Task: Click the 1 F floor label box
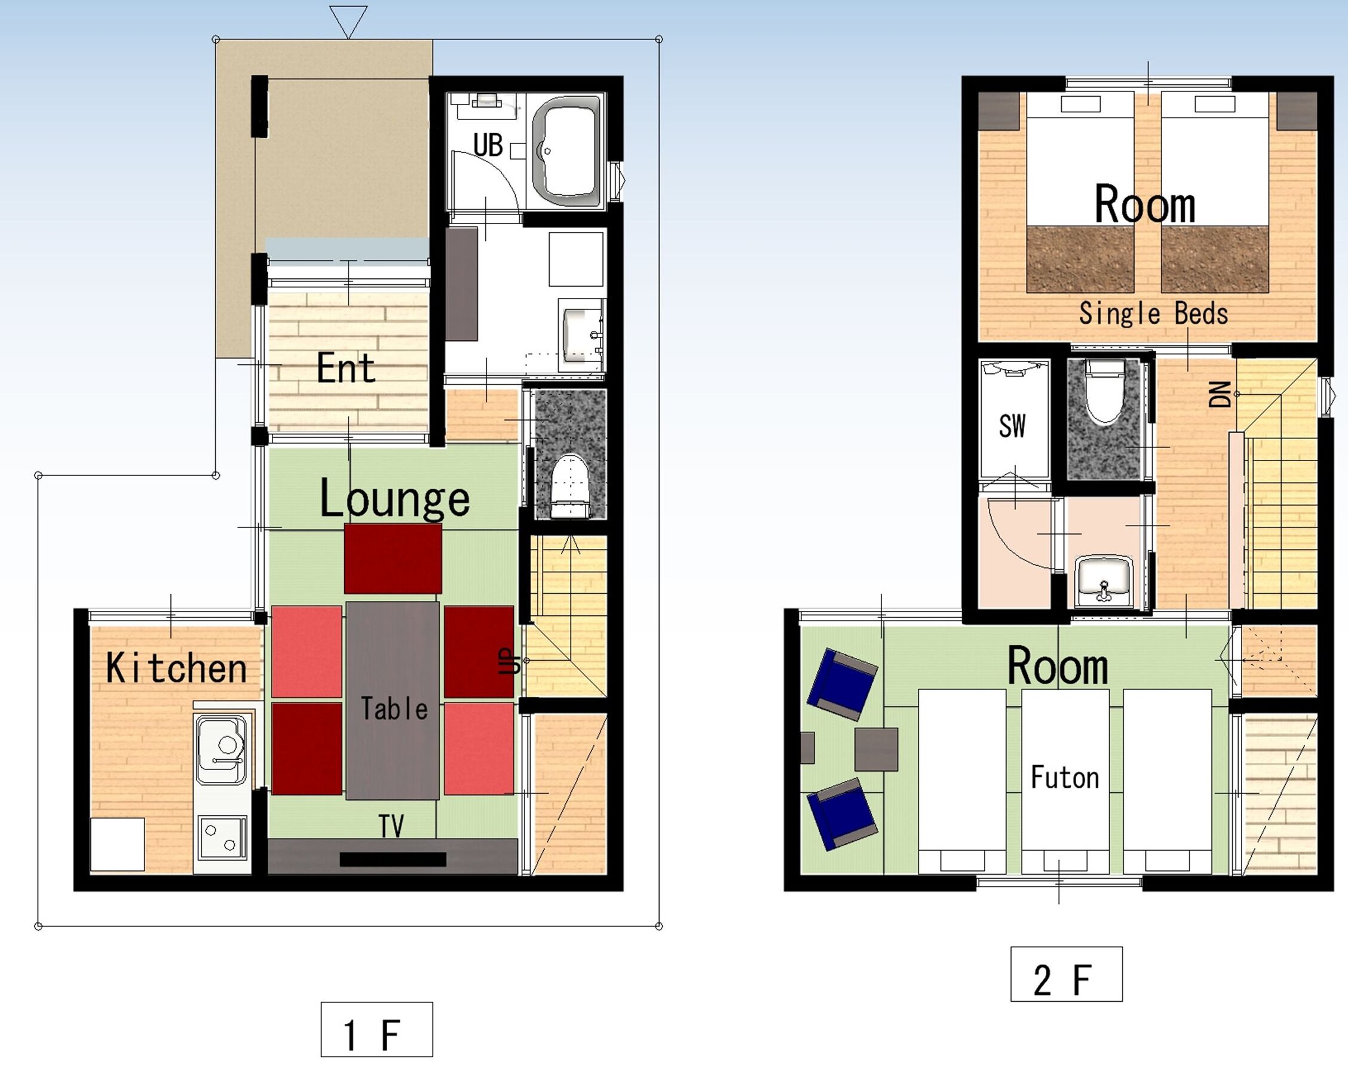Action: [376, 1029]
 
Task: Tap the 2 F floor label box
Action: [1066, 974]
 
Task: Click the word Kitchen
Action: [176, 668]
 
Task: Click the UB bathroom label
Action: [488, 145]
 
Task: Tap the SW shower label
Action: [1012, 426]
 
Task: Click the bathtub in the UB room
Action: [566, 151]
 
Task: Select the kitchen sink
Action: [221, 750]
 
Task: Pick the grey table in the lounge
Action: [393, 700]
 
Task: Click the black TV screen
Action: [393, 860]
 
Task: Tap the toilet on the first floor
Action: [569, 486]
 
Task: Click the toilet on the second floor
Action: [1104, 392]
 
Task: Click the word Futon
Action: [1065, 777]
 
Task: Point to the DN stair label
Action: [1220, 394]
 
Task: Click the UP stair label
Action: [510, 661]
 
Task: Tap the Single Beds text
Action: [1154, 313]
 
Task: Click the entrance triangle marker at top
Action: [348, 22]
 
